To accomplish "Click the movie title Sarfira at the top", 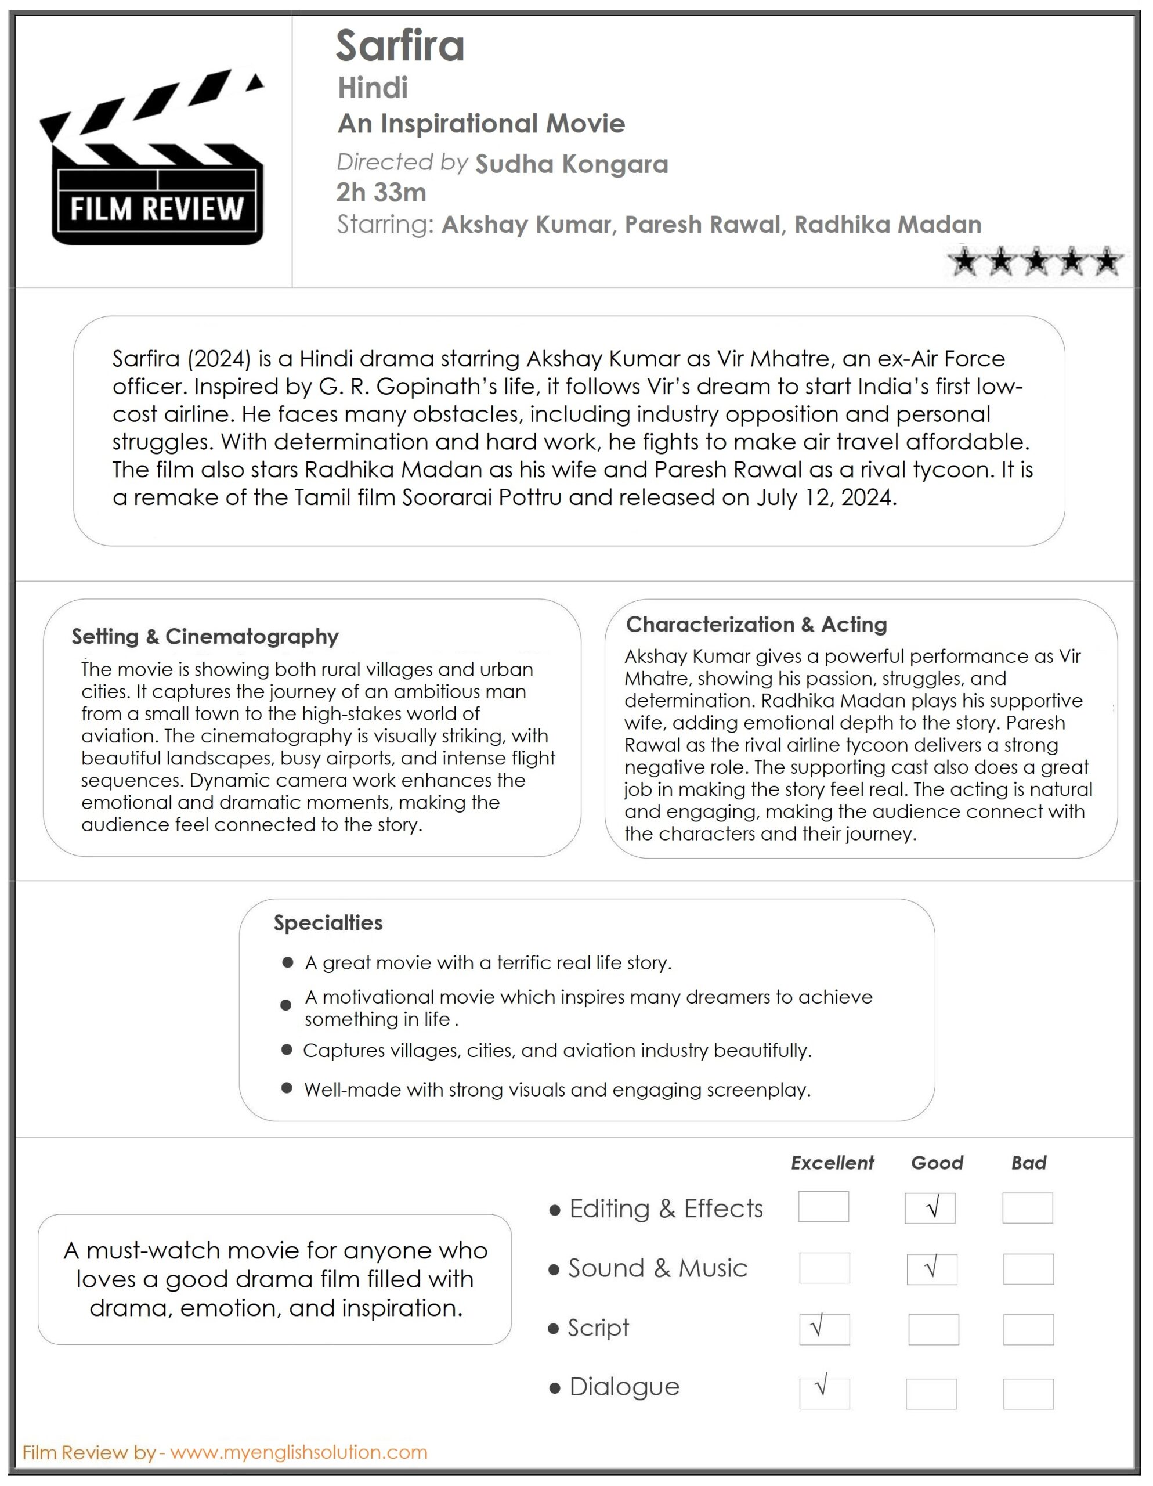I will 400,46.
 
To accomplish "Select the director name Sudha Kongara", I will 572,164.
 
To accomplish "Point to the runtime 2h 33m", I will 381,193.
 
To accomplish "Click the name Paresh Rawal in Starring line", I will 702,225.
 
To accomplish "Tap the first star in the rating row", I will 964,261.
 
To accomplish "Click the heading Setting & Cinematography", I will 205,636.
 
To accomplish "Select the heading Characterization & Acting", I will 757,624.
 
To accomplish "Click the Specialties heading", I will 328,922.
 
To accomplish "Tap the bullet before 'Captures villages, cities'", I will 287,1050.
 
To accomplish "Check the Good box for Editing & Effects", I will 930,1209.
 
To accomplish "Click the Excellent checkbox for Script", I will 825,1329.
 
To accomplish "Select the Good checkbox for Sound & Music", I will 931,1269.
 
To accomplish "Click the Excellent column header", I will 832,1163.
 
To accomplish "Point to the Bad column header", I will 1028,1163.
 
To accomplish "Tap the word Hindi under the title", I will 373,88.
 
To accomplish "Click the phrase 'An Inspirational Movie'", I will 481,124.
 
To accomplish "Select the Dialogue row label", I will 624,1387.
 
